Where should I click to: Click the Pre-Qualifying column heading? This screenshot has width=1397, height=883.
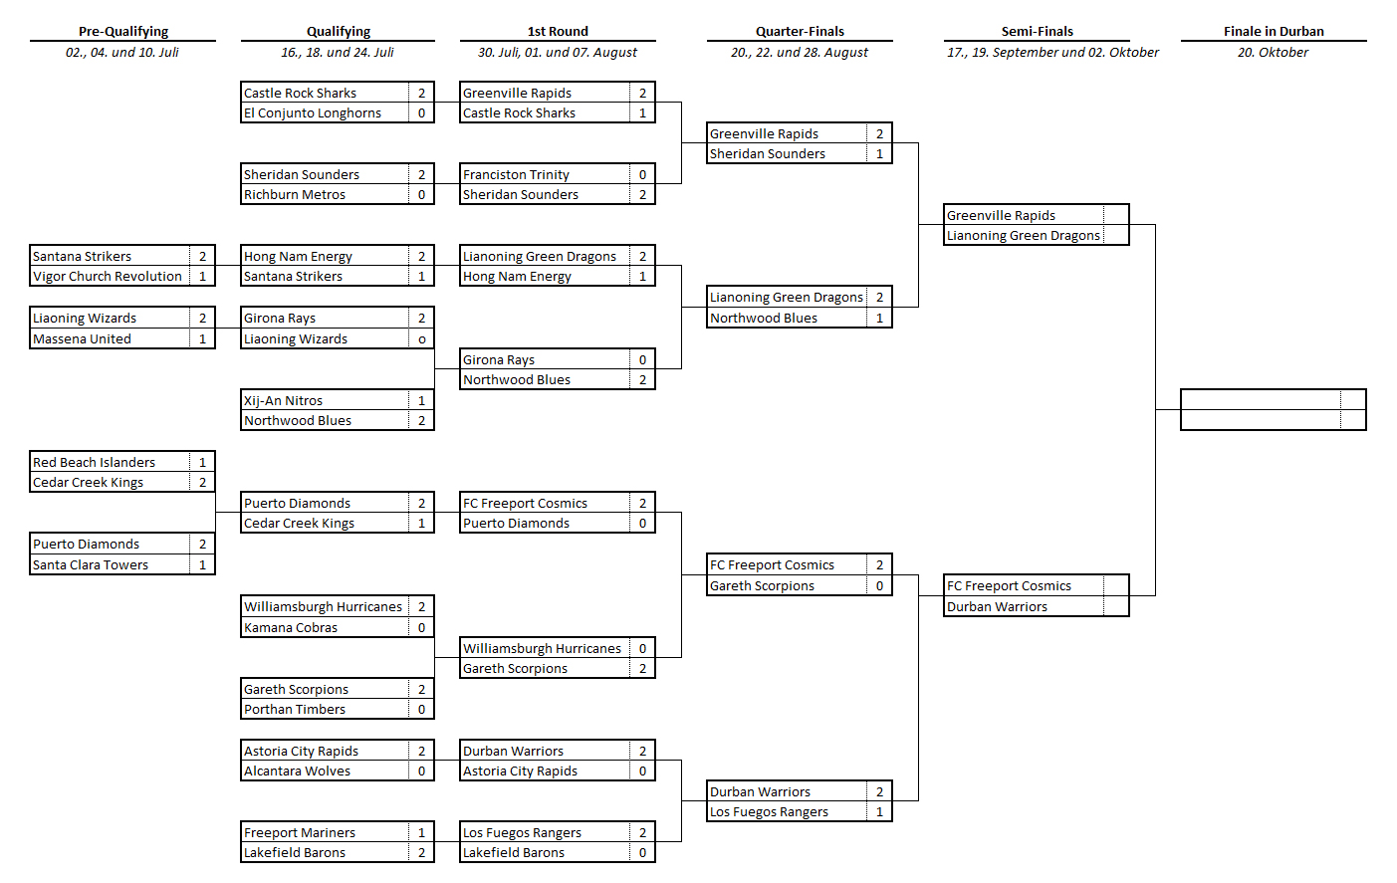(x=122, y=31)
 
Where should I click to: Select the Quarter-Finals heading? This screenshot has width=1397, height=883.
(x=800, y=31)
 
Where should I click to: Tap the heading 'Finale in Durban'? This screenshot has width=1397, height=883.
(x=1274, y=31)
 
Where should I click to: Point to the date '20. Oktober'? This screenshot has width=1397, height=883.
(x=1273, y=53)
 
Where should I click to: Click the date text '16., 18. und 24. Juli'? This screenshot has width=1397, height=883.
(x=338, y=53)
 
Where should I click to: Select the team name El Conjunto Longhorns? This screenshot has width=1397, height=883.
(x=313, y=112)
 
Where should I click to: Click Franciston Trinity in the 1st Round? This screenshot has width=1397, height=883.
(x=516, y=174)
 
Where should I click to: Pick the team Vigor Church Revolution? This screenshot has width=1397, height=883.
(x=108, y=277)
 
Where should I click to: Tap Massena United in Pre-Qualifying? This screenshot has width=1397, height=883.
(x=82, y=338)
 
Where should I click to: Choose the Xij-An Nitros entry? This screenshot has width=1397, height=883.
(x=283, y=400)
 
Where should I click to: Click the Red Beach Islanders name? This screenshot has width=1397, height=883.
(x=94, y=462)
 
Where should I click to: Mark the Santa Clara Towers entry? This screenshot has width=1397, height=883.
(x=91, y=564)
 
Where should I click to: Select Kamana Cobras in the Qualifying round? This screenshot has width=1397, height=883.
(x=291, y=627)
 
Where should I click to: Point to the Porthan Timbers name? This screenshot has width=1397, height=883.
(x=295, y=709)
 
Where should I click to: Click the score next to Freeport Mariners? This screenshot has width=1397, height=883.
(x=421, y=832)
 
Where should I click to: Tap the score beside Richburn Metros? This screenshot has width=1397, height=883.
(x=421, y=194)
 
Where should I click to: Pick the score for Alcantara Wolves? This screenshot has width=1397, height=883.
(x=421, y=771)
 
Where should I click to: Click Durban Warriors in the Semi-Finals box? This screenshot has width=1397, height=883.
(x=997, y=606)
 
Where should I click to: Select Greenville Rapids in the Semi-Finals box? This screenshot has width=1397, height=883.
(x=1001, y=215)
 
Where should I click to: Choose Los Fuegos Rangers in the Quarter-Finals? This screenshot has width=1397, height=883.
(x=769, y=812)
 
